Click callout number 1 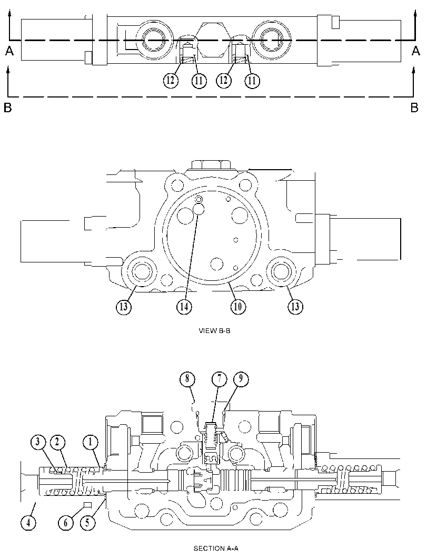[91, 442]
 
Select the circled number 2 [58, 442]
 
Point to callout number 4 [28, 523]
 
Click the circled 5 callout [88, 523]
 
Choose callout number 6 [66, 523]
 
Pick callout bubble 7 [220, 379]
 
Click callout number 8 [187, 379]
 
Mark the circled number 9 [241, 379]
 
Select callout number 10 [238, 307]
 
